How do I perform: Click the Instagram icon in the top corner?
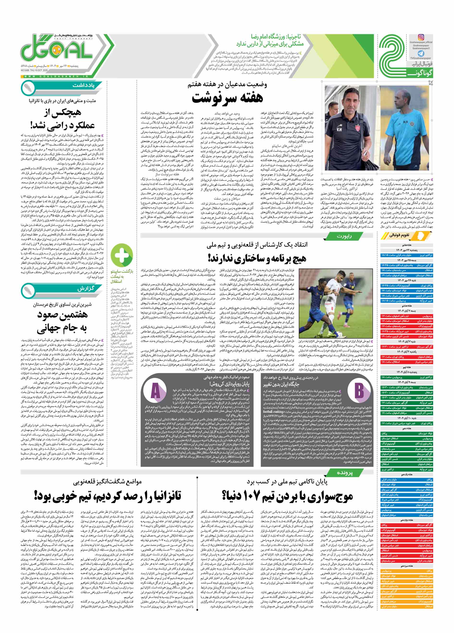click(x=421, y=37)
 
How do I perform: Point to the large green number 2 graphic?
click(x=393, y=57)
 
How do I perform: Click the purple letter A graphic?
click(x=155, y=391)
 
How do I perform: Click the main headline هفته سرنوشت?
click(x=227, y=98)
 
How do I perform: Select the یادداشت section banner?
click(x=84, y=85)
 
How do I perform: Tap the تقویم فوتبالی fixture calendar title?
click(x=399, y=235)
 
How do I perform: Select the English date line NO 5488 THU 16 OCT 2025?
click(x=34, y=70)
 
